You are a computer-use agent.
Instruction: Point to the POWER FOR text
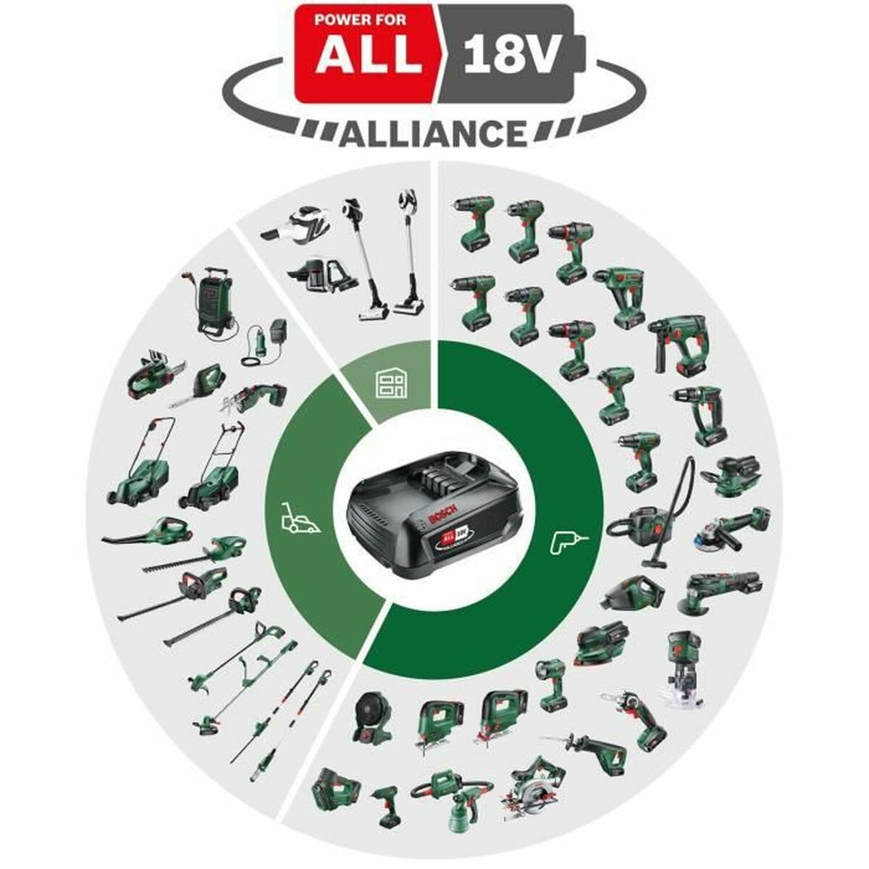[367, 20]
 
